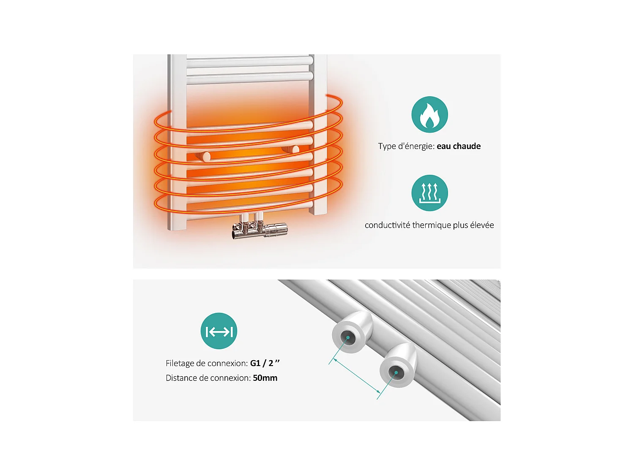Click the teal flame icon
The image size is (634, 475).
(429, 114)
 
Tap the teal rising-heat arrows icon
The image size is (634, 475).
(429, 193)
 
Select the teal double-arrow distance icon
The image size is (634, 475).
(219, 331)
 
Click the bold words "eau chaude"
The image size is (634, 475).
(459, 146)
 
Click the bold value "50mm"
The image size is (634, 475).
(265, 378)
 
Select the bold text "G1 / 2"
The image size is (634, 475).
(262, 363)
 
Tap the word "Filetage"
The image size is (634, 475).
(180, 364)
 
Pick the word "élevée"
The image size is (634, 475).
(482, 225)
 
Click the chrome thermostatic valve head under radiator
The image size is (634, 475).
(276, 229)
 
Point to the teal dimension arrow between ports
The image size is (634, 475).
(357, 375)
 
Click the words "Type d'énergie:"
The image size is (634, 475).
(407, 146)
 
